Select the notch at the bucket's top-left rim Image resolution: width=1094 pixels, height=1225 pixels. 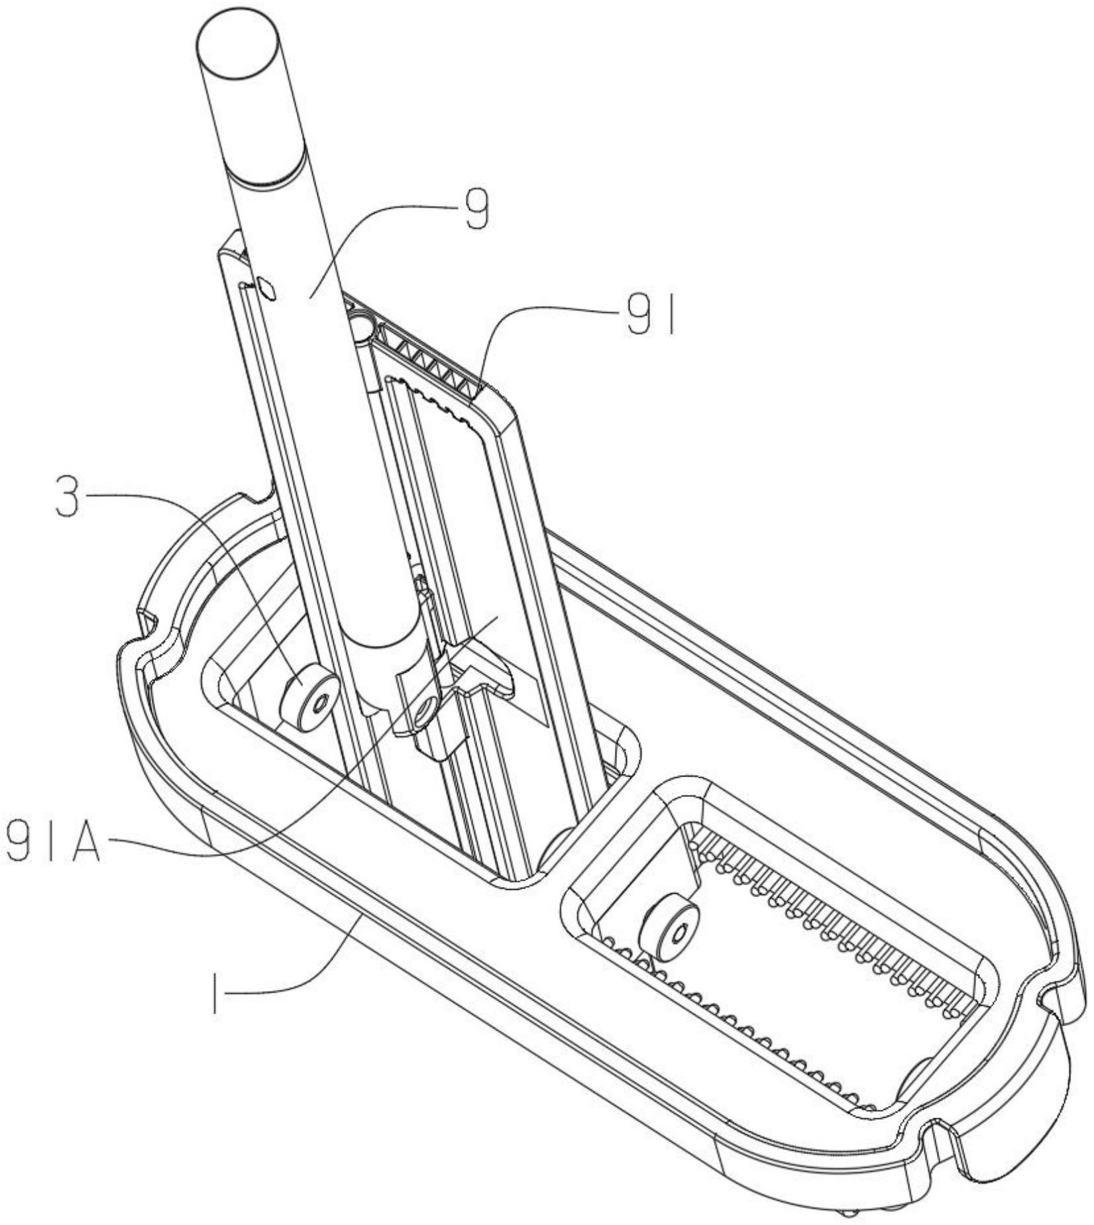click(258, 496)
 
